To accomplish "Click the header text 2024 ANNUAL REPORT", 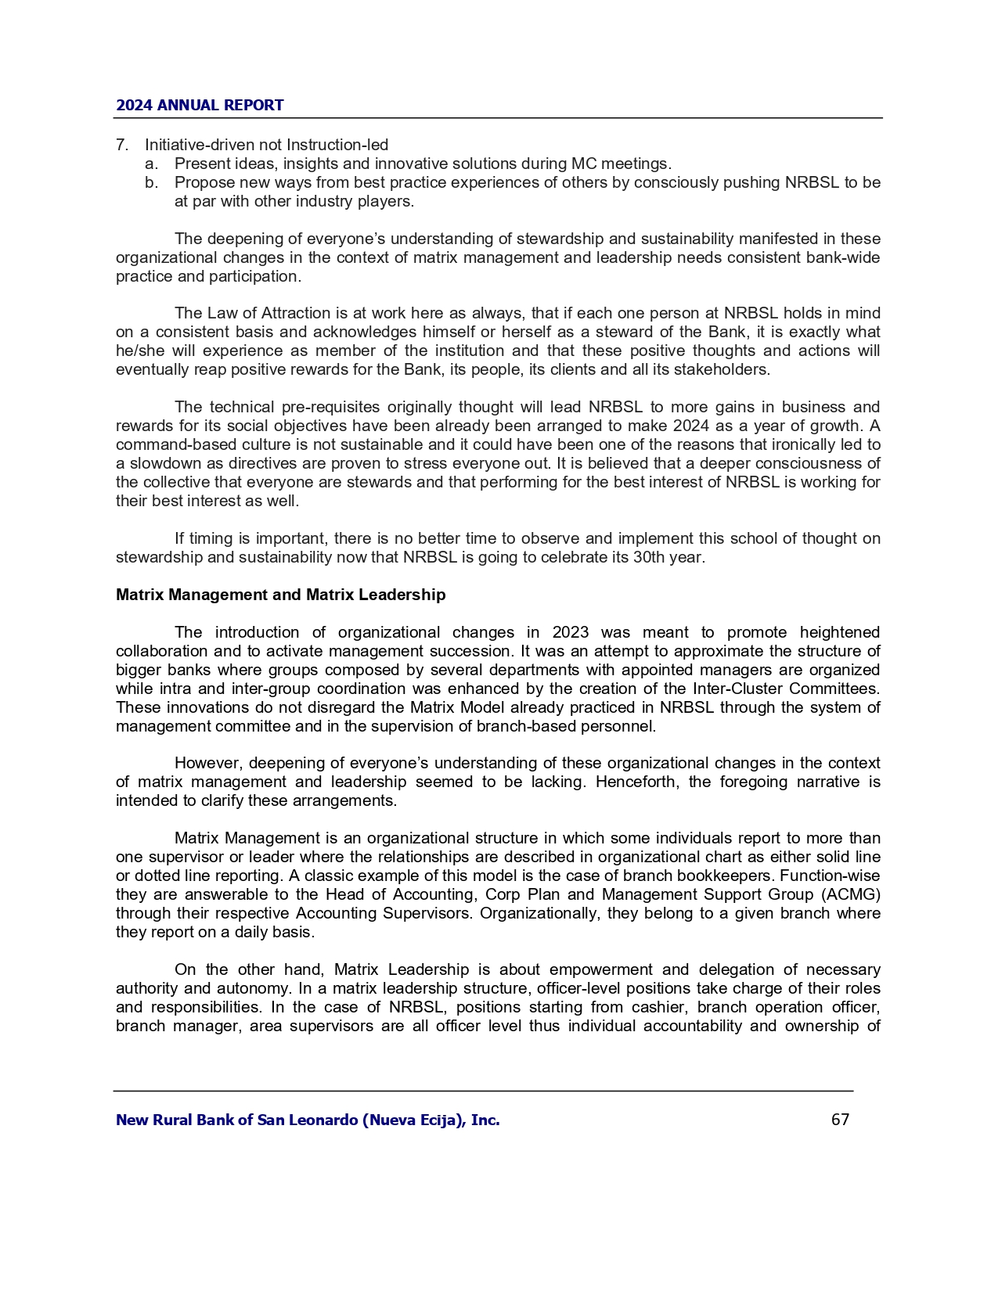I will coord(200,106).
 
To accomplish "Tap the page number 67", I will coord(840,1120).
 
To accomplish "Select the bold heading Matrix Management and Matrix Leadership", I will coord(280,595).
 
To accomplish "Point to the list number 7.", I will coord(121,145).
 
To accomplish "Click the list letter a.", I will coord(151,164).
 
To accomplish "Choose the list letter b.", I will coord(151,182).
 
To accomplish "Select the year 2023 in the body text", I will coord(570,632).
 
